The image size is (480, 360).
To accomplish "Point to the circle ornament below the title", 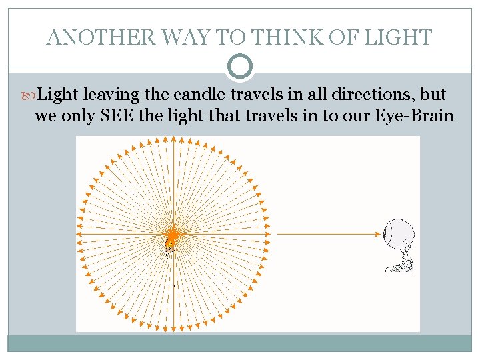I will click(240, 67).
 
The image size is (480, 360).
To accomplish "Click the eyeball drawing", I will click(400, 235).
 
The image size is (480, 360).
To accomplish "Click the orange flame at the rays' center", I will click(172, 235).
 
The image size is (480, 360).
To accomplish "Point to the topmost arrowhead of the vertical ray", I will click(173, 140).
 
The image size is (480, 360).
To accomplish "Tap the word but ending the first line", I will click(432, 94).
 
